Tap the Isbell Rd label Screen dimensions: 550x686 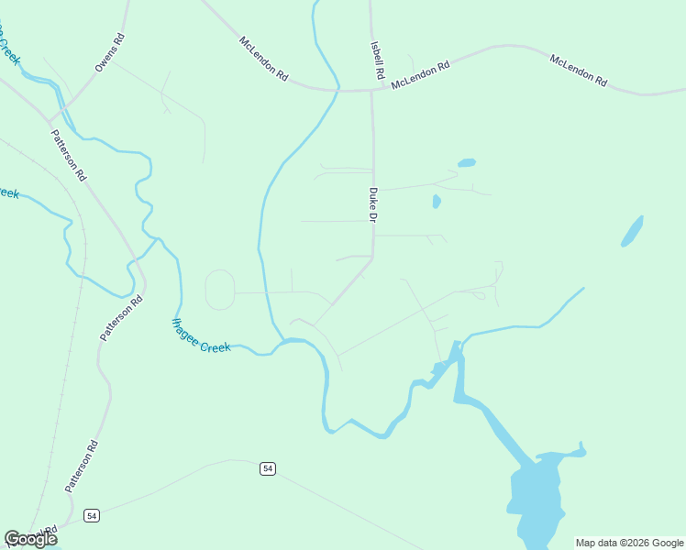tap(377, 59)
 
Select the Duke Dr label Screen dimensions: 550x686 tap(373, 205)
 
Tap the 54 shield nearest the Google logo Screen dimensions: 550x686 tap(92, 516)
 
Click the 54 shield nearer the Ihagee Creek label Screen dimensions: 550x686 tap(267, 468)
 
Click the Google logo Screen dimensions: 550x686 tap(31, 539)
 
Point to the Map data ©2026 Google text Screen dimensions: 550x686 tap(630, 543)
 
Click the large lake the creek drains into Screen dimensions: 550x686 tap(541, 495)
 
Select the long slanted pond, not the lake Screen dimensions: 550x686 tap(632, 232)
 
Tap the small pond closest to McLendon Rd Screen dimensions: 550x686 tap(467, 163)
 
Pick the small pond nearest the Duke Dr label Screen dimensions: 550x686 tap(437, 202)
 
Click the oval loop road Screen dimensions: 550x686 tap(220, 290)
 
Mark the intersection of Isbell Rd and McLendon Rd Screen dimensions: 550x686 tap(371, 90)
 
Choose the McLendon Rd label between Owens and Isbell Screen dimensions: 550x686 tap(263, 60)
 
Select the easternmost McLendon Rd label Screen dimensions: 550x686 tap(579, 71)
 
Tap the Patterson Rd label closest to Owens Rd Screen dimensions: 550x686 tap(69, 154)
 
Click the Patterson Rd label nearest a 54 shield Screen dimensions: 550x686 tap(83, 466)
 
